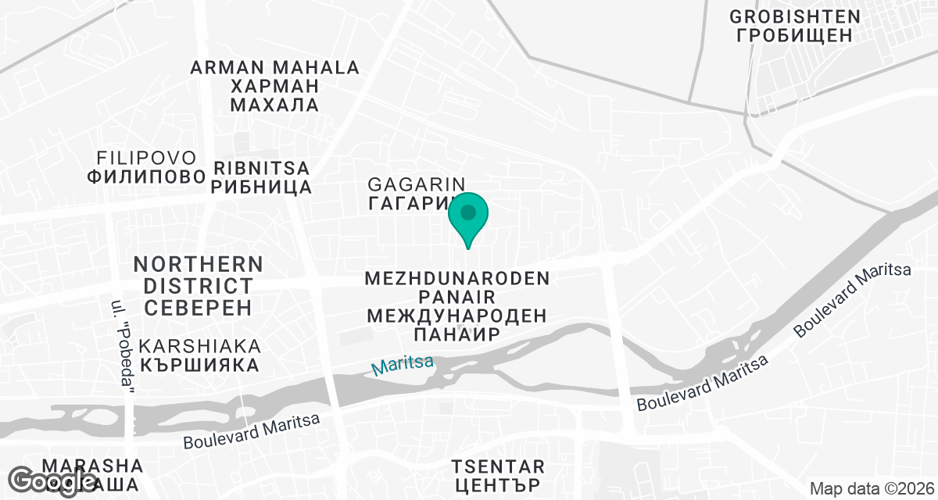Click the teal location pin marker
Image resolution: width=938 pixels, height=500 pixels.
click(468, 215)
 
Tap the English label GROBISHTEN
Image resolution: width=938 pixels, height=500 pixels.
click(795, 16)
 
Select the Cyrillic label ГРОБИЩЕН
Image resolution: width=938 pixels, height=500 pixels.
click(795, 35)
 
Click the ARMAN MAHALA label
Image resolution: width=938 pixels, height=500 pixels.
click(275, 68)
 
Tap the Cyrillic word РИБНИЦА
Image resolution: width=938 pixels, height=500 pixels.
click(261, 187)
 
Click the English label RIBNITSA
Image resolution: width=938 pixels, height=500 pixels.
click(261, 169)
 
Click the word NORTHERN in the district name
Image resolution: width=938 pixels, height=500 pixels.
click(198, 264)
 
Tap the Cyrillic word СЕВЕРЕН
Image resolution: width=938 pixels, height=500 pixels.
click(198, 306)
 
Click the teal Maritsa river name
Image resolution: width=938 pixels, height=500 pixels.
click(402, 365)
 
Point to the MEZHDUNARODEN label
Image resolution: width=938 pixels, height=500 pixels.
click(458, 278)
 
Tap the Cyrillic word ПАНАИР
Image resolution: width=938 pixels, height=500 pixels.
click(457, 334)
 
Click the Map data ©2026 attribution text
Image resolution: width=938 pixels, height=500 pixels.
click(872, 489)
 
